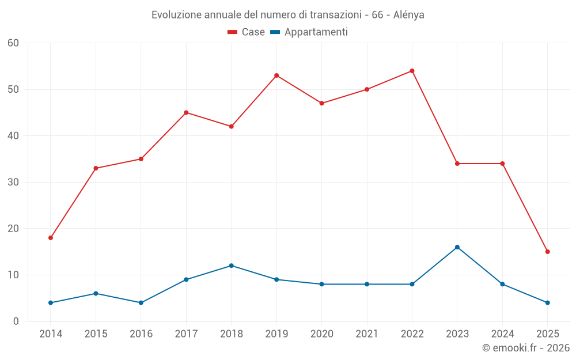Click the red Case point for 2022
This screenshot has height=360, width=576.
pyautogui.click(x=412, y=71)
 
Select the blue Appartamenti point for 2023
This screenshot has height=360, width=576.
pyautogui.click(x=457, y=247)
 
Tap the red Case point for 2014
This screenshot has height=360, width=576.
pyautogui.click(x=51, y=238)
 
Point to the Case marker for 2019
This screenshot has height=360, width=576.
pyautogui.click(x=276, y=75)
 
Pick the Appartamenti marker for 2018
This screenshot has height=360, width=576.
pyautogui.click(x=232, y=266)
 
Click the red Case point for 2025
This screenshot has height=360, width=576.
pyautogui.click(x=548, y=252)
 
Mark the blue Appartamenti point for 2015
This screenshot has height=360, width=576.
pyautogui.click(x=96, y=293)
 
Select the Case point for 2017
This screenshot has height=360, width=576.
pyautogui.click(x=186, y=112)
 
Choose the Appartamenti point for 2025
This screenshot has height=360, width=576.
pyautogui.click(x=548, y=302)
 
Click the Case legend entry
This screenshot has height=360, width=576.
pyautogui.click(x=246, y=32)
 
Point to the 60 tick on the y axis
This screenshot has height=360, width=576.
pyautogui.click(x=13, y=43)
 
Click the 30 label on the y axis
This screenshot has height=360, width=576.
pyautogui.click(x=13, y=182)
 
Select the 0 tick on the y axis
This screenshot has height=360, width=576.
pyautogui.click(x=16, y=321)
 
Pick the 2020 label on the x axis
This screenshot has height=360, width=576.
pyautogui.click(x=322, y=334)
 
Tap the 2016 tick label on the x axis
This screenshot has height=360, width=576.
pyautogui.click(x=141, y=334)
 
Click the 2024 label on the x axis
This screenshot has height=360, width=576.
pyautogui.click(x=502, y=334)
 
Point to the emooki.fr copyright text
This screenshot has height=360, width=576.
pyautogui.click(x=525, y=347)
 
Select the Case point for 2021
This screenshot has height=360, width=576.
pyautogui.click(x=367, y=89)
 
